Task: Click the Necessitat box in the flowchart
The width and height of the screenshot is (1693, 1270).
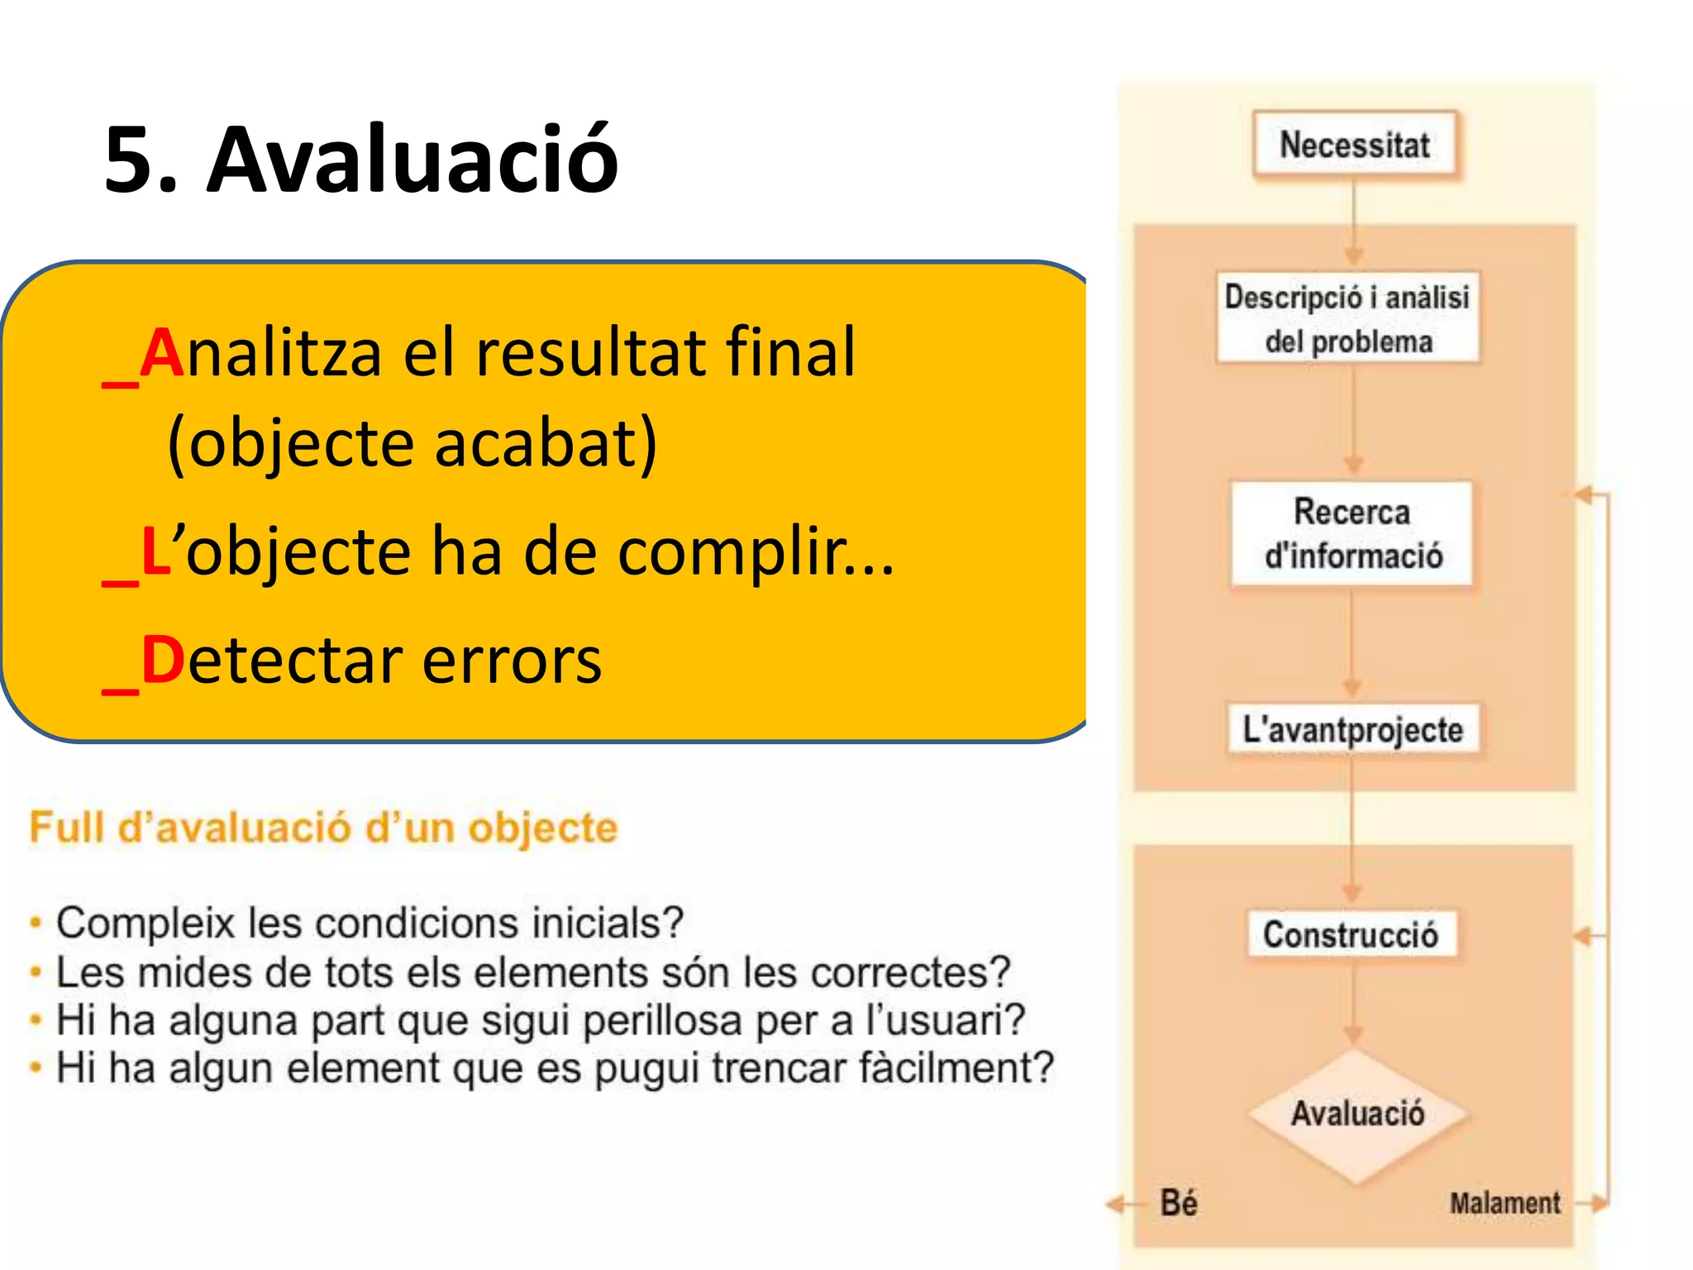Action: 1354,146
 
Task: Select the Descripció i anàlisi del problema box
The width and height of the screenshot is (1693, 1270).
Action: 1347,318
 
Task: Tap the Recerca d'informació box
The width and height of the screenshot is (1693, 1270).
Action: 1352,533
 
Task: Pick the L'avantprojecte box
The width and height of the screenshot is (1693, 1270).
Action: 1352,729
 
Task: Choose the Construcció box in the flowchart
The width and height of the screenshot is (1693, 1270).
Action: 1351,934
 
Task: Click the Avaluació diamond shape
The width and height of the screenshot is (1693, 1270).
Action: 1357,1114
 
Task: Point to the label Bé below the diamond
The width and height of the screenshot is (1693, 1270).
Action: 1179,1203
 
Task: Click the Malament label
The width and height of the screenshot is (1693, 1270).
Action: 1505,1203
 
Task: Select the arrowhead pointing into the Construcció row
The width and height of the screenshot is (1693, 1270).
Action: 1582,936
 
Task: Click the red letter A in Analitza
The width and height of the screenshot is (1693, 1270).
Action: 161,354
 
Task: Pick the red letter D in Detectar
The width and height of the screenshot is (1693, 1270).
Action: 162,661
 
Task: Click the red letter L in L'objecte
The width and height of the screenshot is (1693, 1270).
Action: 155,551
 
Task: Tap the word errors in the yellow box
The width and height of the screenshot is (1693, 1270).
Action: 512,661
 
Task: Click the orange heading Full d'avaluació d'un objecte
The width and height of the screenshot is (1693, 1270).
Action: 323,828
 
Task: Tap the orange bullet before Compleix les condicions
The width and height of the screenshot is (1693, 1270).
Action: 36,923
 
